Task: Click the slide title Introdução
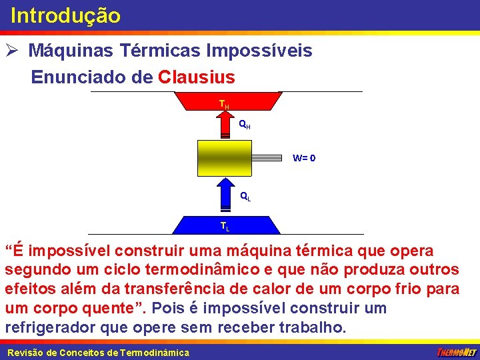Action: (x=65, y=15)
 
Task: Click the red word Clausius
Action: (x=197, y=77)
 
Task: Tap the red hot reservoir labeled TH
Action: (x=227, y=101)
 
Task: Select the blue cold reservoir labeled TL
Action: (x=226, y=225)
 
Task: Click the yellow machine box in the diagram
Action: (x=225, y=159)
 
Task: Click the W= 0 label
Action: (x=304, y=159)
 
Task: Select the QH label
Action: (x=245, y=125)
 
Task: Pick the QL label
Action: (x=245, y=197)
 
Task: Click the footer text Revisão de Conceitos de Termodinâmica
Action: (x=98, y=353)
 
